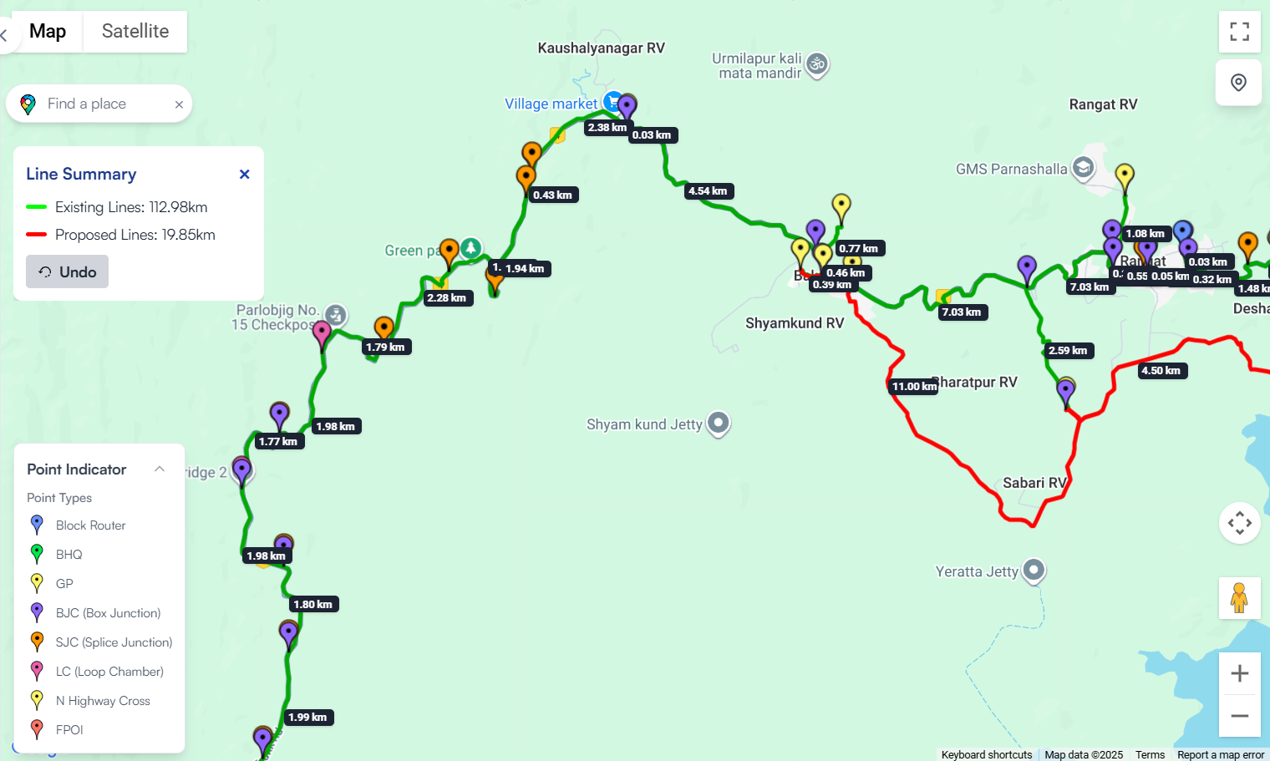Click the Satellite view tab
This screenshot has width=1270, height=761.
[135, 32]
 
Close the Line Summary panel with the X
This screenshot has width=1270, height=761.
[244, 174]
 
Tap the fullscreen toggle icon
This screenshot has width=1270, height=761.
[1239, 32]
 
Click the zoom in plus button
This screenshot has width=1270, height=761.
[1239, 673]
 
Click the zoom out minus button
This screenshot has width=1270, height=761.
[1239, 716]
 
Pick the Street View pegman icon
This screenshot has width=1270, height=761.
[1239, 598]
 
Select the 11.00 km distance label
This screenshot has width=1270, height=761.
[914, 386]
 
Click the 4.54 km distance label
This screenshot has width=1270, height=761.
[708, 191]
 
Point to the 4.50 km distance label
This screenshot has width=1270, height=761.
[1161, 371]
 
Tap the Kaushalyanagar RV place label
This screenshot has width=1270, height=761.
[601, 48]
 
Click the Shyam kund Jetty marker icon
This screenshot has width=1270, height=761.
[719, 423]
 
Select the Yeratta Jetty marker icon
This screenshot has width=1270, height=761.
[1034, 570]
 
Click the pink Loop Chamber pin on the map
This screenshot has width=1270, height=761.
[322, 333]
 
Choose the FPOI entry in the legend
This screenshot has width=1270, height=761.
[69, 730]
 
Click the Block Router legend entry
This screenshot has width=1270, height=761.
[90, 525]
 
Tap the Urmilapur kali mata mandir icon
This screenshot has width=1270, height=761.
[817, 63]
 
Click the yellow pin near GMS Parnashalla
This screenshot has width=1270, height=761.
[1125, 176]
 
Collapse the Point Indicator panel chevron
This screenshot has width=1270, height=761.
[160, 469]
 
